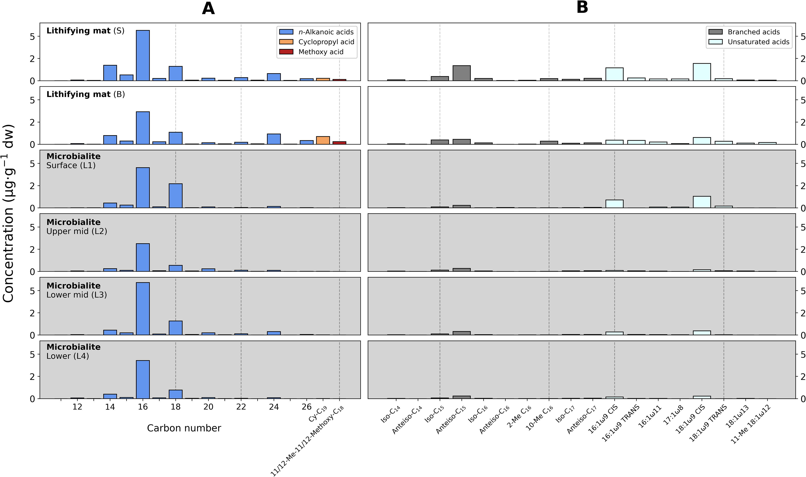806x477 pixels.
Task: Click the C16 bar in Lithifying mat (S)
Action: [x=143, y=55]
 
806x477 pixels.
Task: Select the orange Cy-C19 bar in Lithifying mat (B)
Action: [x=323, y=140]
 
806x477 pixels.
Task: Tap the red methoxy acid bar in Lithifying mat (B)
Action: [x=339, y=143]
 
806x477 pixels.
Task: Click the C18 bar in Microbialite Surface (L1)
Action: [x=176, y=196]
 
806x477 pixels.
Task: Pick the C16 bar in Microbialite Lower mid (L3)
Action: [x=143, y=309]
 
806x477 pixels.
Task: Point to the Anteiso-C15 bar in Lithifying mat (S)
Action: [x=462, y=73]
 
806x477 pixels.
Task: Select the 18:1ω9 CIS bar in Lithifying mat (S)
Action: [x=702, y=72]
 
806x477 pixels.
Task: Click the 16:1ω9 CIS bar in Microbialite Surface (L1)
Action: [x=614, y=204]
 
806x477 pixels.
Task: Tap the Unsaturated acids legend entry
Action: [x=748, y=42]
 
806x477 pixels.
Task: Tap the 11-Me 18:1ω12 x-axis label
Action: [x=750, y=424]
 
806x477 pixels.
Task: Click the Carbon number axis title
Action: [x=184, y=428]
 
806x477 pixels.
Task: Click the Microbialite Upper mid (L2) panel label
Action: [x=77, y=227]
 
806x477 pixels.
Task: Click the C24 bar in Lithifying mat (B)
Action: [x=274, y=139]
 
